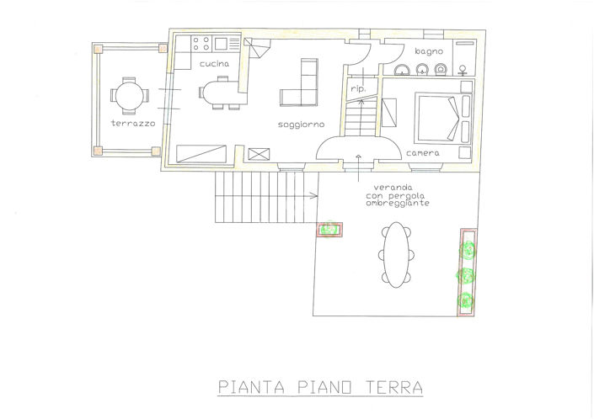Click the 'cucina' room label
(214, 65)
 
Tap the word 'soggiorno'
(301, 125)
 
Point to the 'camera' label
(422, 154)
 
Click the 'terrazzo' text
(132, 124)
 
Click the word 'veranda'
(386, 188)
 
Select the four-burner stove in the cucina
(201, 42)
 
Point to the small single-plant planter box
(329, 230)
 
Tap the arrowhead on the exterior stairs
(314, 198)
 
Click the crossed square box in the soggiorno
(259, 153)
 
